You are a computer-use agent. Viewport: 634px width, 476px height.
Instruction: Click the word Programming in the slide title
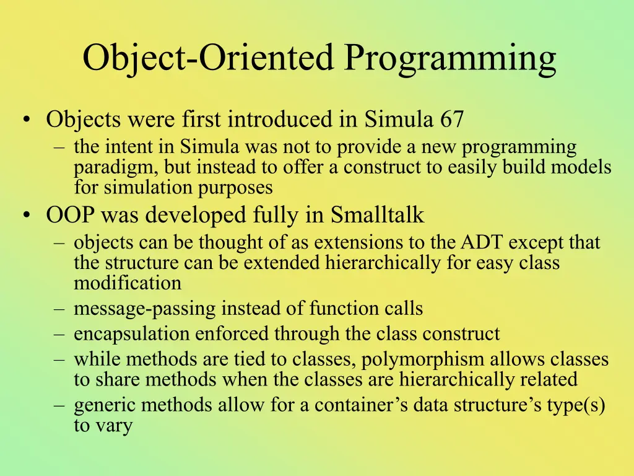click(x=451, y=59)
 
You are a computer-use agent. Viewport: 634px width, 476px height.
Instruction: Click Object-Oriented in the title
click(x=208, y=59)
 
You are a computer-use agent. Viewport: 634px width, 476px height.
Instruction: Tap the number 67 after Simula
click(x=451, y=120)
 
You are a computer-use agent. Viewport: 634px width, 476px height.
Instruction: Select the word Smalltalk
click(x=377, y=214)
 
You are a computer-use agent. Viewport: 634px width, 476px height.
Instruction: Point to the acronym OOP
click(x=71, y=215)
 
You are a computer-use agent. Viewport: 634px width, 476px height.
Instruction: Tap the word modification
click(x=128, y=283)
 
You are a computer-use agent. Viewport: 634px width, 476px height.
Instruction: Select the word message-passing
click(x=145, y=309)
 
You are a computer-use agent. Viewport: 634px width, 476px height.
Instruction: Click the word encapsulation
click(x=131, y=334)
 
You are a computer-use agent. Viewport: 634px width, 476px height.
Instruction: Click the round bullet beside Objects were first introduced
click(x=27, y=120)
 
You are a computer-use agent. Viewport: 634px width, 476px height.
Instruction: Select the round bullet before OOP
click(x=27, y=215)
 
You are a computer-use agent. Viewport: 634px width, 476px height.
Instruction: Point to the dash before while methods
click(x=59, y=361)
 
